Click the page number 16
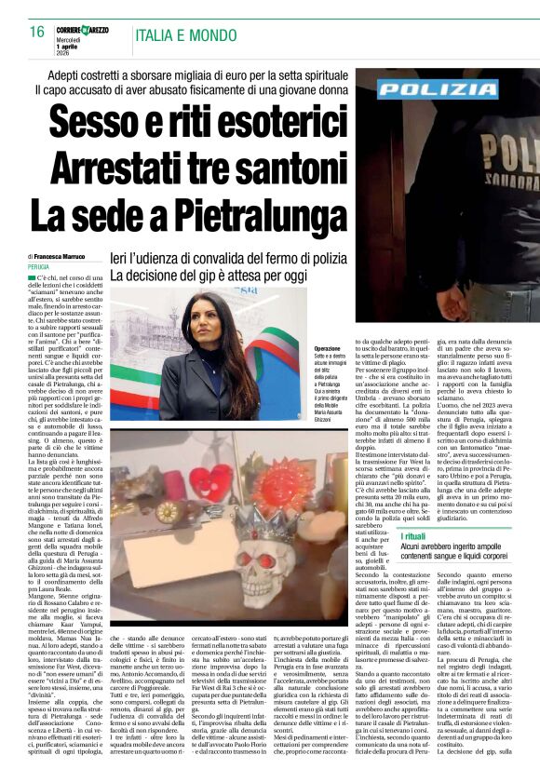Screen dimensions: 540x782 (x=36, y=32)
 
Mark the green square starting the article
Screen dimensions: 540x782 (x=32, y=278)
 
